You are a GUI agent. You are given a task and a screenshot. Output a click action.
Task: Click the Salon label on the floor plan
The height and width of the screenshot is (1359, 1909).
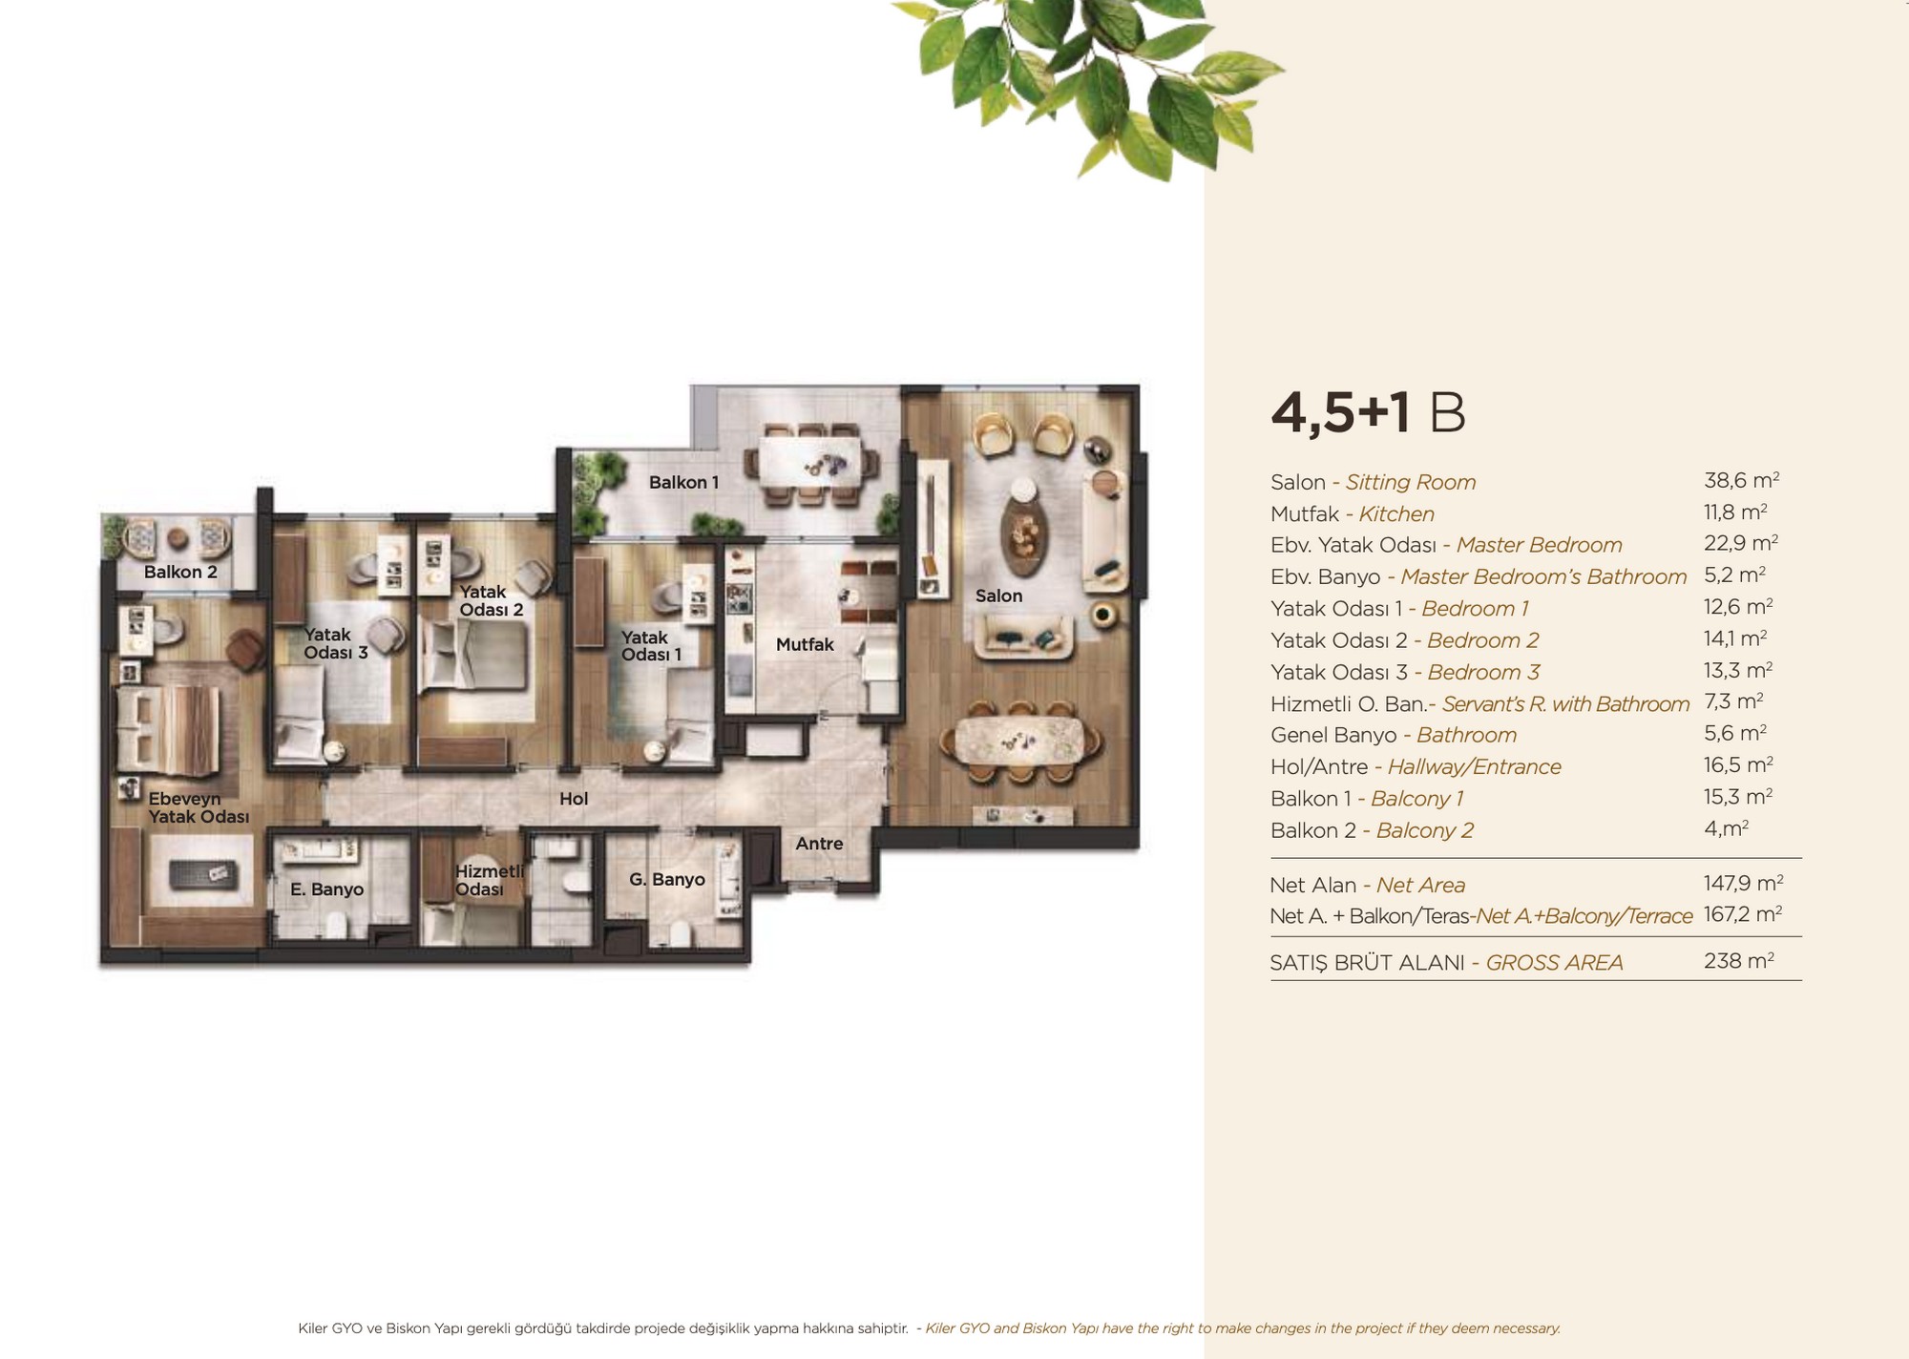998,596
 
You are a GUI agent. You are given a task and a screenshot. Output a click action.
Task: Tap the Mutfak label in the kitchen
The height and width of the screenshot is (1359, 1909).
805,644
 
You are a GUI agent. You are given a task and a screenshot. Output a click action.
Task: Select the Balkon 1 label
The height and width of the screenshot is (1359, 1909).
683,482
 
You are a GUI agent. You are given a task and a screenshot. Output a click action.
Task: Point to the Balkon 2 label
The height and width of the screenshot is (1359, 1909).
180,572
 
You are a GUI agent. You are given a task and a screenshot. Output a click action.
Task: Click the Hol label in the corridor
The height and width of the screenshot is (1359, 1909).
574,799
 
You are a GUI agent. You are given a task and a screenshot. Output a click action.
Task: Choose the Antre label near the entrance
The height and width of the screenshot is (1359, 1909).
819,844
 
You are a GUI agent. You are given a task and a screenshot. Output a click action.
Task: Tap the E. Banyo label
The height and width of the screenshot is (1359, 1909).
326,889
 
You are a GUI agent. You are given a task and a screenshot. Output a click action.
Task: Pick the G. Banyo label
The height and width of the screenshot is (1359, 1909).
667,879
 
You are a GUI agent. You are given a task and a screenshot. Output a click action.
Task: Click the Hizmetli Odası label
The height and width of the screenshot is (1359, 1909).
490,880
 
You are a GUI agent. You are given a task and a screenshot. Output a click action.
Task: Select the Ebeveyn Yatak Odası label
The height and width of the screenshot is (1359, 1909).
199,807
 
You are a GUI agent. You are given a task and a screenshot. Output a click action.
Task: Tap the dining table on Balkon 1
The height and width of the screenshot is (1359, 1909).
818,463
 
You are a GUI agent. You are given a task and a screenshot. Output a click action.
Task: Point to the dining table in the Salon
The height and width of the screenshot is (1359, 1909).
1020,741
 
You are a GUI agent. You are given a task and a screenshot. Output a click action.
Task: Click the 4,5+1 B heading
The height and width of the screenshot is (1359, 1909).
1368,412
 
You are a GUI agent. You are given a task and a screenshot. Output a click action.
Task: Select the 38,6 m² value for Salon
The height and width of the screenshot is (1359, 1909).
1741,480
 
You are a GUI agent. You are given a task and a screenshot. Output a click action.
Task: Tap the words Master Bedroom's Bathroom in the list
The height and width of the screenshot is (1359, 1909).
1543,576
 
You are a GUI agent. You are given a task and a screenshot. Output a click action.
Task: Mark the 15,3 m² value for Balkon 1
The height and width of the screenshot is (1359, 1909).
1738,796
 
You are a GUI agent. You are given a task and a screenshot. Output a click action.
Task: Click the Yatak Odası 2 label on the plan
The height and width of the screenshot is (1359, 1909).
491,600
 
